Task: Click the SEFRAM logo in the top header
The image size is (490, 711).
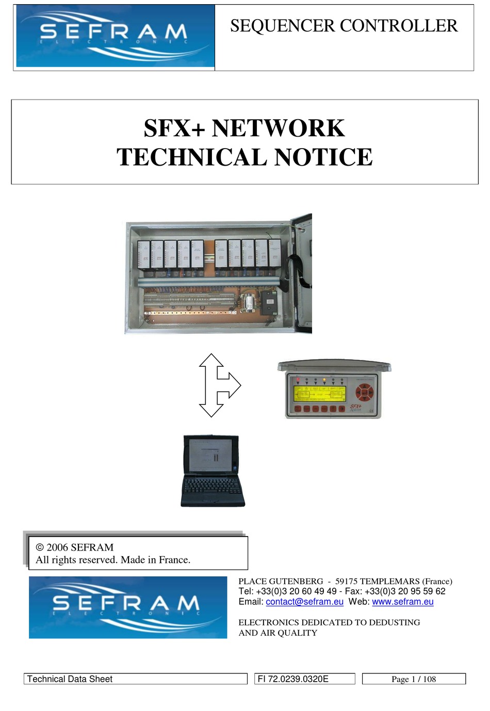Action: click(115, 36)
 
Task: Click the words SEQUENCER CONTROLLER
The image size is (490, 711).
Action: click(344, 26)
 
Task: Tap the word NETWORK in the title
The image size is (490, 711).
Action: click(278, 128)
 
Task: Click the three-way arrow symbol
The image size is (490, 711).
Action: click(217, 385)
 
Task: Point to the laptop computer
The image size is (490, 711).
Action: click(212, 471)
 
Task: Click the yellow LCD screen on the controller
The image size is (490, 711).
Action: click(319, 394)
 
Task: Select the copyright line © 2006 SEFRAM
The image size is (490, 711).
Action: click(75, 547)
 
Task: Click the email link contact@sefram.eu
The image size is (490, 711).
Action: click(304, 602)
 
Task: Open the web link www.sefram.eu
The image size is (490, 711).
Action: click(402, 602)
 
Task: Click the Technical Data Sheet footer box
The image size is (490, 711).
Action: click(135, 679)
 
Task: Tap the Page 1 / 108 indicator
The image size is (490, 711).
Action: click(414, 679)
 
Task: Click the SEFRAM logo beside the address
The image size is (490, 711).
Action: click(128, 607)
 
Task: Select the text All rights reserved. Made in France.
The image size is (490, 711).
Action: click(113, 560)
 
